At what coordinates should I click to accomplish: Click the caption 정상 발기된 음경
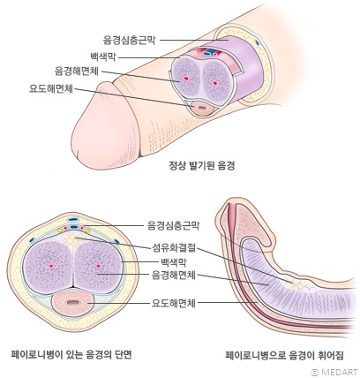[x=202, y=166]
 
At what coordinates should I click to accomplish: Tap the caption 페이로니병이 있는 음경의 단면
[x=71, y=354]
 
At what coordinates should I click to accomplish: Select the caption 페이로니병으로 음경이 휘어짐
[x=284, y=355]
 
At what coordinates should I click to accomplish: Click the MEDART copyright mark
[x=334, y=372]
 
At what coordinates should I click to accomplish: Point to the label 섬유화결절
[x=174, y=247]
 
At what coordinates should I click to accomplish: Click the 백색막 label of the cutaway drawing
[x=102, y=57]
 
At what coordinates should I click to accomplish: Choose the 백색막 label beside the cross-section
[x=174, y=261]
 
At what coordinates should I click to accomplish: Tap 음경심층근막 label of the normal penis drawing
[x=129, y=40]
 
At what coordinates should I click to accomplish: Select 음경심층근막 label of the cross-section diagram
[x=173, y=226]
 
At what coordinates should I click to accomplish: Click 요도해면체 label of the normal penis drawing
[x=50, y=88]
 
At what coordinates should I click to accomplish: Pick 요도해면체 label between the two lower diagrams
[x=174, y=303]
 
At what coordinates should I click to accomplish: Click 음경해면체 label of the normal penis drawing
[x=77, y=72]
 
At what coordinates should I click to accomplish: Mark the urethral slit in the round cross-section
[x=72, y=302]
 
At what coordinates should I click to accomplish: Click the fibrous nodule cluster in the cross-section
[x=71, y=241]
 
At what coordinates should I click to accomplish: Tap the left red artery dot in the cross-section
[x=51, y=267]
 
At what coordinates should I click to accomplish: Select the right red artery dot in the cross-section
[x=99, y=267]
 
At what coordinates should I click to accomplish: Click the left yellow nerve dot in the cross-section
[x=60, y=230]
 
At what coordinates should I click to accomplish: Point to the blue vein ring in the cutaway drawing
[x=208, y=53]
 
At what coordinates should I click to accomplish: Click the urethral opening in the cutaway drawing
[x=201, y=107]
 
